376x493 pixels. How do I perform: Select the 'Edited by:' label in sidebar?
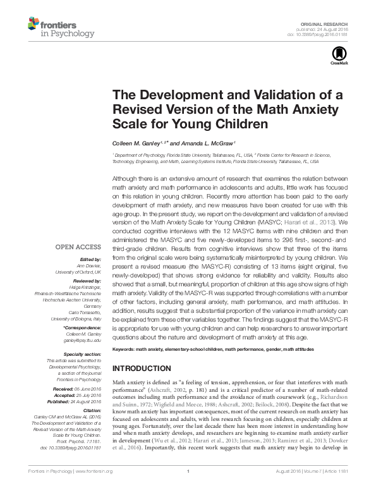[90, 260]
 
